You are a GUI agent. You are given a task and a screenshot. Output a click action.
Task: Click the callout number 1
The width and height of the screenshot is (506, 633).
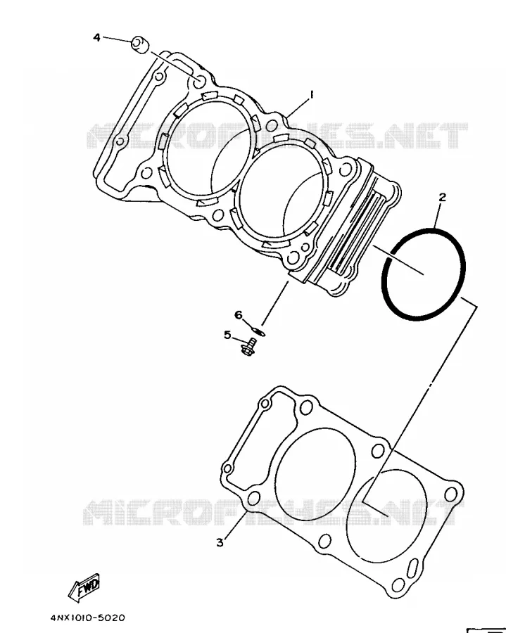[x=311, y=95]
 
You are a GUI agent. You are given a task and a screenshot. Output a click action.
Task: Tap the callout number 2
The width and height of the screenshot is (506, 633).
[x=442, y=198]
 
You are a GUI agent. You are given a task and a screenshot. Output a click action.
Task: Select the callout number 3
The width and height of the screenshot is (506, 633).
[x=220, y=542]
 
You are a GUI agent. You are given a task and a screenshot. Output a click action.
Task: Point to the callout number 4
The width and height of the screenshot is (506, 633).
[x=96, y=37]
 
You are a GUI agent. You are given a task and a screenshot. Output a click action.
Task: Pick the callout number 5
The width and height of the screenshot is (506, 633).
[x=227, y=335]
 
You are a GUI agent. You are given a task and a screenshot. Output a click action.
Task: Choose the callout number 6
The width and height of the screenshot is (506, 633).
[x=239, y=314]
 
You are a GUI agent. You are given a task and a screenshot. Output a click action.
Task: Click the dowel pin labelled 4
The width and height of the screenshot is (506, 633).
[x=140, y=44]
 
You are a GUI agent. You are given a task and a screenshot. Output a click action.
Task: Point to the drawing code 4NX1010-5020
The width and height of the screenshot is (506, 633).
[x=88, y=618]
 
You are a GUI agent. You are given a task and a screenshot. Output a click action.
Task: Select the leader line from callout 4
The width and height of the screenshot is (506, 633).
[x=117, y=39]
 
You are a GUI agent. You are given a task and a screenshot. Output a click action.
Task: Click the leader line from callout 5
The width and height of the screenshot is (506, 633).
[x=239, y=340]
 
